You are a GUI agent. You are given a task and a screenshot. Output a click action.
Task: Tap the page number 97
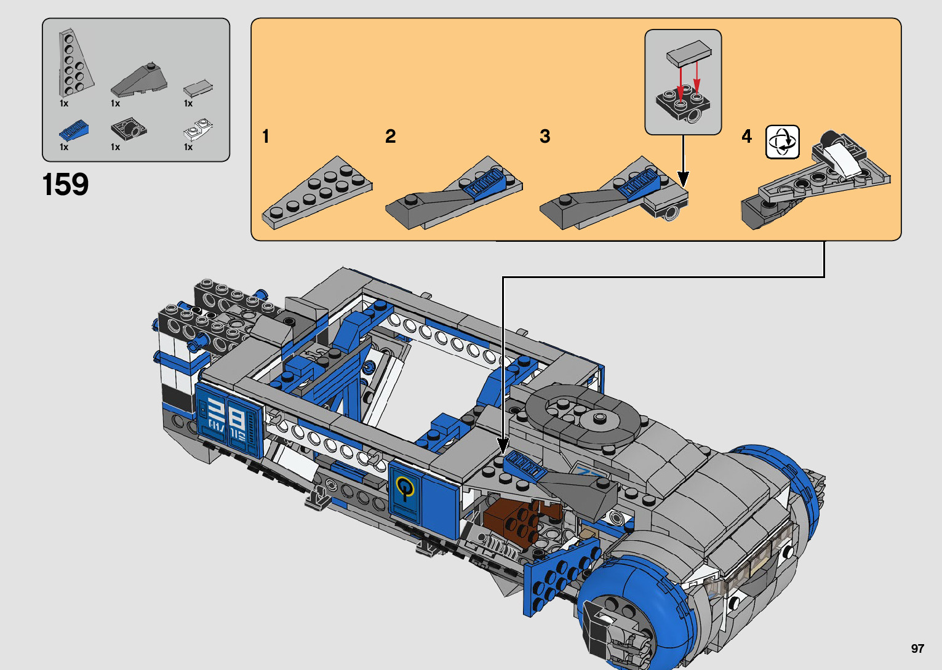pyautogui.click(x=917, y=648)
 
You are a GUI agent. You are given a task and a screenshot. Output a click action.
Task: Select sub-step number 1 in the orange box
pyautogui.click(x=265, y=136)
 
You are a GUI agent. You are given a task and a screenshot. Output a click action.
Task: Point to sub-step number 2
pyautogui.click(x=390, y=136)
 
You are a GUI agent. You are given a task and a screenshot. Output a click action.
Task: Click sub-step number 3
pyautogui.click(x=545, y=136)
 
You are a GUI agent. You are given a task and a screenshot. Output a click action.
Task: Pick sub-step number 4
pyautogui.click(x=746, y=136)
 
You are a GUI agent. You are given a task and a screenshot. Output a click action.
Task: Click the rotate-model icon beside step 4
pyautogui.click(x=782, y=142)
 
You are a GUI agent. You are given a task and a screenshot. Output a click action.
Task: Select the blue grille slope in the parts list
pyautogui.click(x=74, y=130)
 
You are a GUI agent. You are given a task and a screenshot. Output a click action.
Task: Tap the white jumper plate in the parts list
pyautogui.click(x=198, y=129)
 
